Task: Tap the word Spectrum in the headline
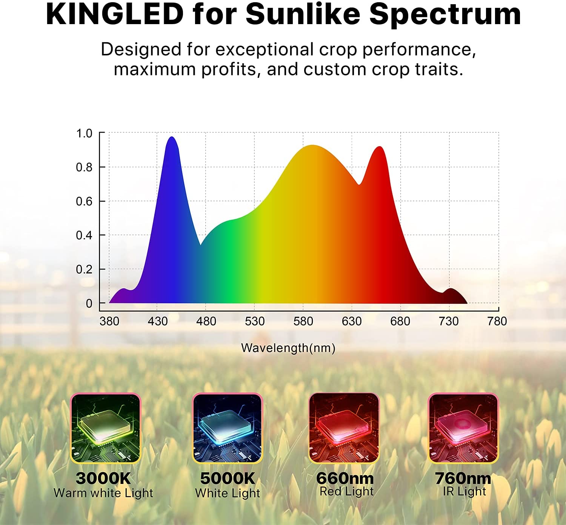pyautogui.click(x=445, y=14)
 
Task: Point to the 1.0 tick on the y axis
pyautogui.click(x=84, y=133)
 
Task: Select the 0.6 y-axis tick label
pyautogui.click(x=84, y=201)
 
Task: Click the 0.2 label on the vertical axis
pyautogui.click(x=84, y=269)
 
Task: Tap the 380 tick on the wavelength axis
pyautogui.click(x=109, y=321)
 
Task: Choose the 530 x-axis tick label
pyautogui.click(x=255, y=321)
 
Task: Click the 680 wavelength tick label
pyautogui.click(x=400, y=321)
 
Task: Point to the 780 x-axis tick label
pyautogui.click(x=497, y=321)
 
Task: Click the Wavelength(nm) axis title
pyautogui.click(x=288, y=347)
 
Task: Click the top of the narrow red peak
pyautogui.click(x=379, y=147)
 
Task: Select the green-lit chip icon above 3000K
pyautogui.click(x=105, y=428)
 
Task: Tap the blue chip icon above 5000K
pyautogui.click(x=227, y=428)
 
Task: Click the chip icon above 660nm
pyautogui.click(x=344, y=428)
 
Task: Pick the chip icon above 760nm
pyautogui.click(x=463, y=428)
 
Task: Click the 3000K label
pyautogui.click(x=103, y=478)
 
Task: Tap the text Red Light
pyautogui.click(x=346, y=491)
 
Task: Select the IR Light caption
pyautogui.click(x=464, y=491)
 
